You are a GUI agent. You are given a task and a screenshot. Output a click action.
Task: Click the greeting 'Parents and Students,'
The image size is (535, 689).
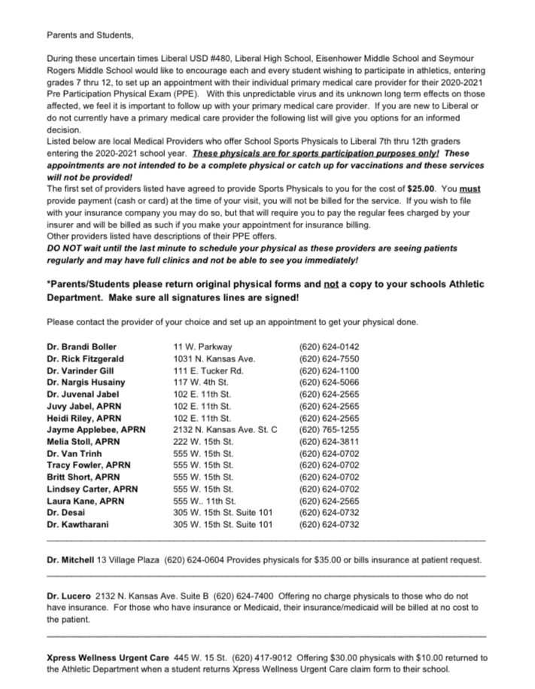(90, 35)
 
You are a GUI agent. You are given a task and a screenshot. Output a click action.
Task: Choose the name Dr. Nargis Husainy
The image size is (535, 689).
(86, 383)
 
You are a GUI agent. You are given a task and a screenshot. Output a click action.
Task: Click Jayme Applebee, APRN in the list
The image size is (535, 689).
(96, 430)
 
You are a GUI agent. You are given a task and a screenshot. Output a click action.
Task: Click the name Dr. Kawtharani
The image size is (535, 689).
(78, 524)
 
